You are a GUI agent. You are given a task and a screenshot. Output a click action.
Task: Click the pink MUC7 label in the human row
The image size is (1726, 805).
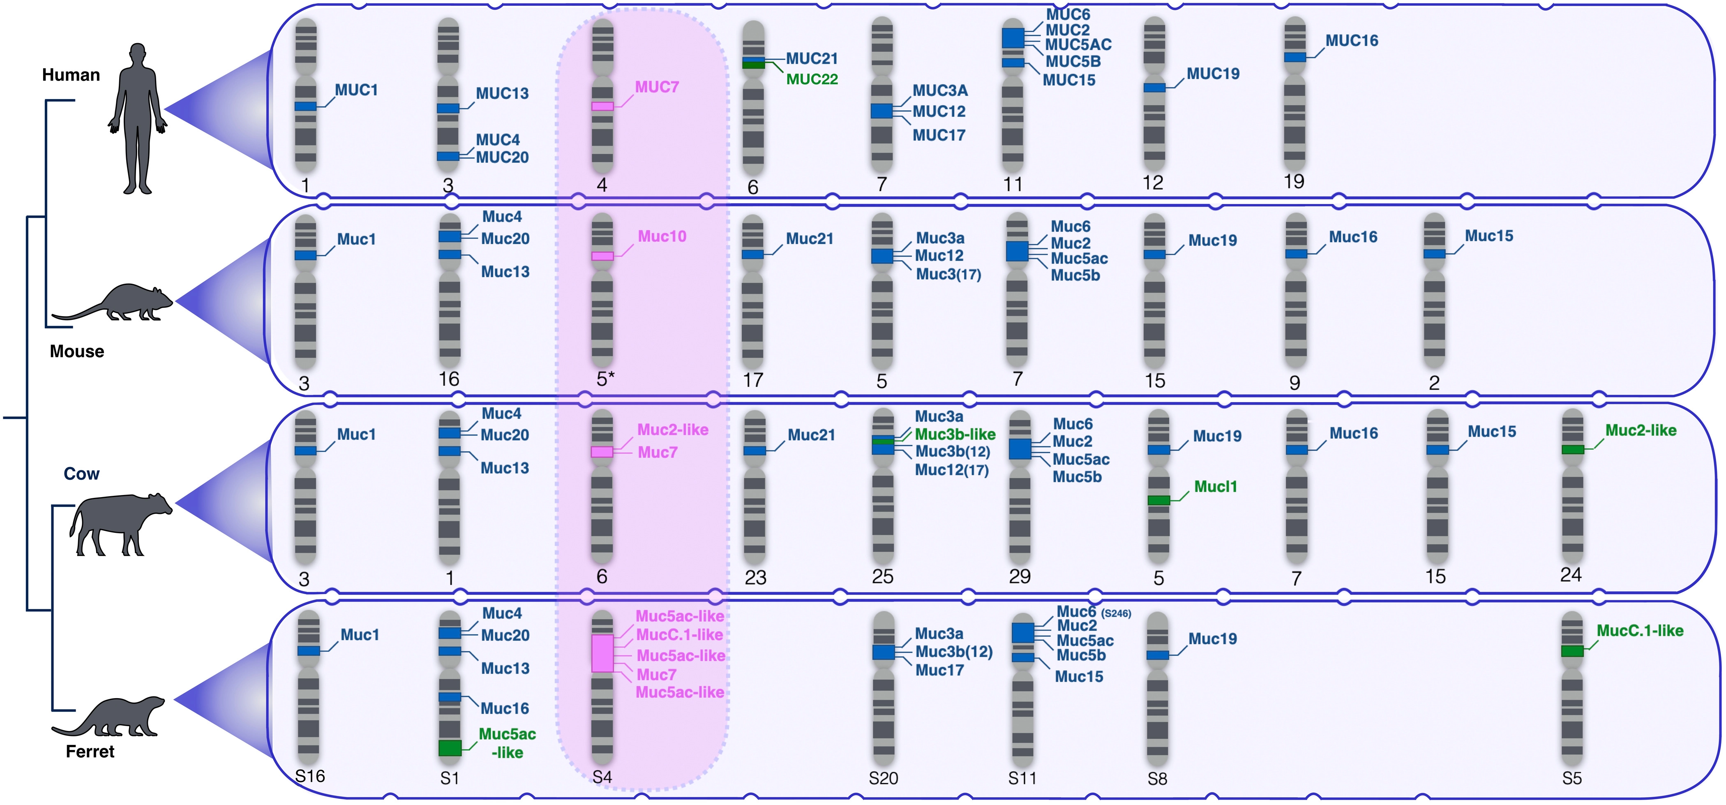coord(657,87)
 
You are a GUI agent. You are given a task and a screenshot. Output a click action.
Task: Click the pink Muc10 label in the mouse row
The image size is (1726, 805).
coord(661,236)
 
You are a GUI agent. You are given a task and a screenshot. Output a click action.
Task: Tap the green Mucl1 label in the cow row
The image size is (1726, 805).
coord(1216,487)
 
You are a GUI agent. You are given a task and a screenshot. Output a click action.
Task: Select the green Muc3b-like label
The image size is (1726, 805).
coord(955,434)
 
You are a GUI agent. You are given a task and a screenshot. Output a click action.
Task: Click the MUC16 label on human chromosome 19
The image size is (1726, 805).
coord(1352,41)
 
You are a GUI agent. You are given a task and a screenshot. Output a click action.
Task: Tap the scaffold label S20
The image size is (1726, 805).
coord(883,778)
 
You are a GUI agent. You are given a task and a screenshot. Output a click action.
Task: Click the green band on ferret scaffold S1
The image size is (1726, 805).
coord(450,748)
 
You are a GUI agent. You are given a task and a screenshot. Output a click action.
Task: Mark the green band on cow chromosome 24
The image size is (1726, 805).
coord(1573,449)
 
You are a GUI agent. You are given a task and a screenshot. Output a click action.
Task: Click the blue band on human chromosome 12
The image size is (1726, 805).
coord(1154,88)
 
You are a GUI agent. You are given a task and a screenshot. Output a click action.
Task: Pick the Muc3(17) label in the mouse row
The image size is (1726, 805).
coord(948,274)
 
